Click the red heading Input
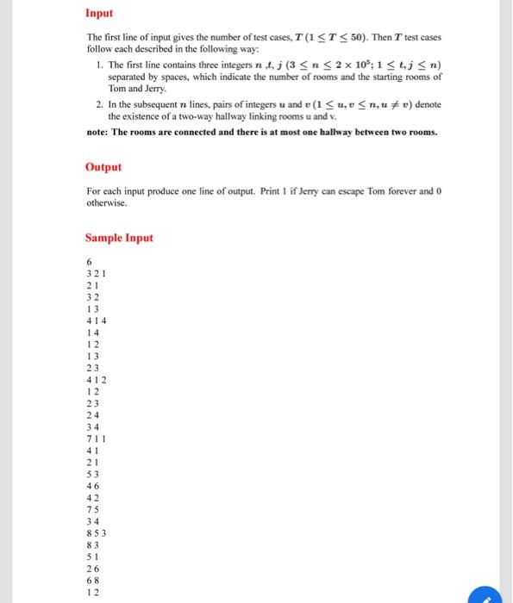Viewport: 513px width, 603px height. [x=99, y=14]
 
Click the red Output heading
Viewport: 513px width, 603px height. [x=103, y=167]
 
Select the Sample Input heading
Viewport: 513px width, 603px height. [x=119, y=238]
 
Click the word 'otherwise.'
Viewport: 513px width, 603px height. [x=107, y=203]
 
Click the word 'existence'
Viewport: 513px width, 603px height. [x=141, y=115]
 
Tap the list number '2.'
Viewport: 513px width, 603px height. [x=100, y=103]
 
